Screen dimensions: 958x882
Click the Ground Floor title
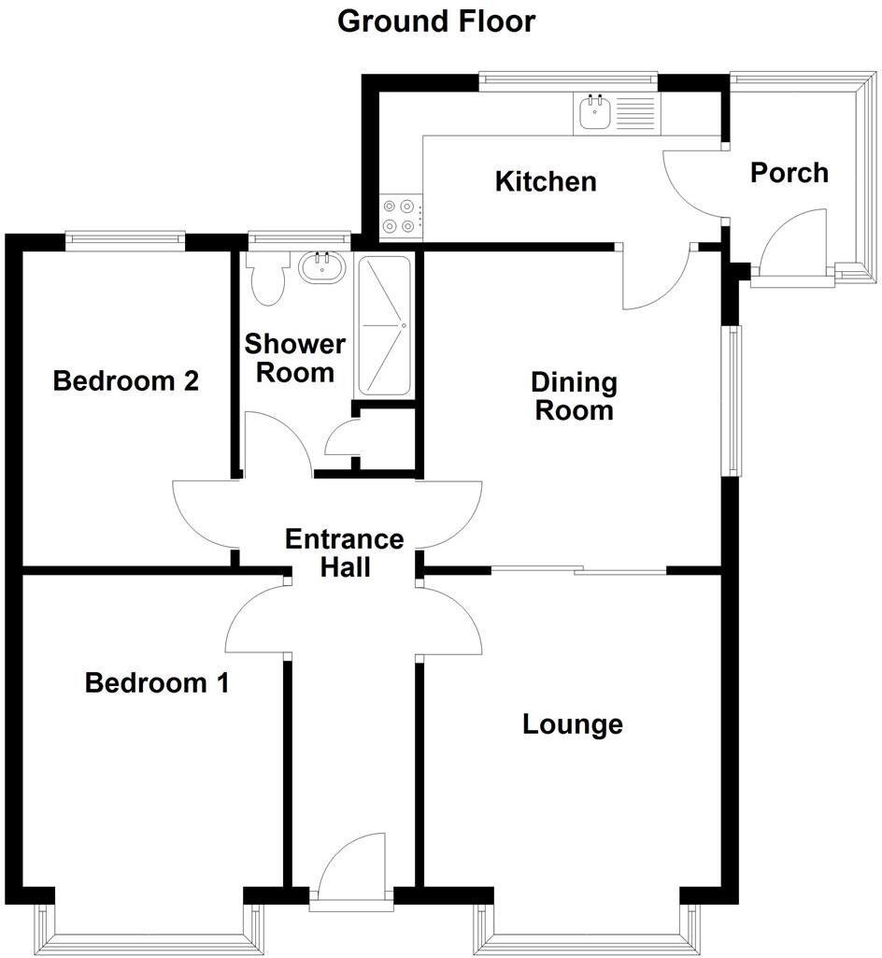pyautogui.click(x=436, y=21)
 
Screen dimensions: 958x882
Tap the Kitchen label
pyautogui.click(x=545, y=181)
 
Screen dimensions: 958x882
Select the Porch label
pyautogui.click(x=790, y=173)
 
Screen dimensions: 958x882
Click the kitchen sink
pyautogui.click(x=595, y=114)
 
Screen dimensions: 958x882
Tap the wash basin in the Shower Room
pyautogui.click(x=323, y=269)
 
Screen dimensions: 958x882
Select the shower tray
pyautogui.click(x=383, y=325)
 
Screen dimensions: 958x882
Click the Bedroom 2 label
pyautogui.click(x=126, y=381)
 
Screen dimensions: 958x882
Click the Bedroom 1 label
pyautogui.click(x=156, y=683)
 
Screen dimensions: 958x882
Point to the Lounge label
pyautogui.click(x=572, y=724)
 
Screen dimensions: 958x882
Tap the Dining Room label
pyautogui.click(x=574, y=396)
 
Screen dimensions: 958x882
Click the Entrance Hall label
pyautogui.click(x=344, y=553)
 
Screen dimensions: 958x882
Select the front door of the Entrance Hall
pyautogui.click(x=351, y=869)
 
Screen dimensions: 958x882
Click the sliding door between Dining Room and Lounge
pyautogui.click(x=578, y=568)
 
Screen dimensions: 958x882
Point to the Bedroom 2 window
pyautogui.click(x=125, y=240)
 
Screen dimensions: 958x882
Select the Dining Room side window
pyautogui.click(x=734, y=401)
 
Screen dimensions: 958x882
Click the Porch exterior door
pyautogui.click(x=794, y=245)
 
